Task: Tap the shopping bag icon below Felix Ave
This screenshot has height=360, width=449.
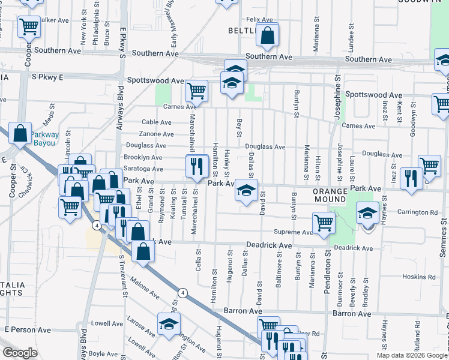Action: [x=267, y=36]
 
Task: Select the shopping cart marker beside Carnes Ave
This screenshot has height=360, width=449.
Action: [x=196, y=92]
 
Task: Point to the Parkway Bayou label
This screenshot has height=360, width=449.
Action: [x=45, y=139]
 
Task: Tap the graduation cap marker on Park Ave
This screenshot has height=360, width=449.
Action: [x=246, y=191]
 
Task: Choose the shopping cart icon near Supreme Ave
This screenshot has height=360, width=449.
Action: [x=324, y=223]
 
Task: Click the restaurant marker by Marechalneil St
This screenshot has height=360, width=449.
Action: [x=197, y=166]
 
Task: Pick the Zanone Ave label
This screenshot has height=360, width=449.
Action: [x=155, y=134]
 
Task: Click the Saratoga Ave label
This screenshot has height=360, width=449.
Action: [x=143, y=169]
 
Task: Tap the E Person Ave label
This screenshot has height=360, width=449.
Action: [x=28, y=329]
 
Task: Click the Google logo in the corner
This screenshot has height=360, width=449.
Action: [x=20, y=353]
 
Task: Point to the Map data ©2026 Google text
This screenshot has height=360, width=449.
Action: [x=411, y=355]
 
